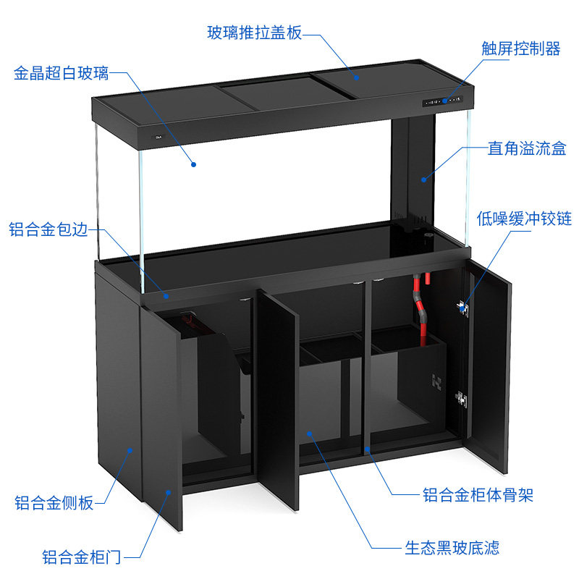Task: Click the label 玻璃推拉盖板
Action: (254, 33)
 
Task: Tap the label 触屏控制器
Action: (520, 49)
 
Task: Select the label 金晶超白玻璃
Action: (62, 74)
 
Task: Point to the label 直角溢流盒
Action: (527, 149)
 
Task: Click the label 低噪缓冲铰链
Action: (524, 219)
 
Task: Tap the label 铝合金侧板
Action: (55, 502)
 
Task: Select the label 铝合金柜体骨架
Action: (478, 496)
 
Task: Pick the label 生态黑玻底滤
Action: (452, 548)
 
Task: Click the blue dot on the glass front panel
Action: (194, 164)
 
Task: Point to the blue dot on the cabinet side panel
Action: (130, 449)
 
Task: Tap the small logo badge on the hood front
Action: (157, 136)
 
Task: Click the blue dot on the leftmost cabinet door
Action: (169, 491)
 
